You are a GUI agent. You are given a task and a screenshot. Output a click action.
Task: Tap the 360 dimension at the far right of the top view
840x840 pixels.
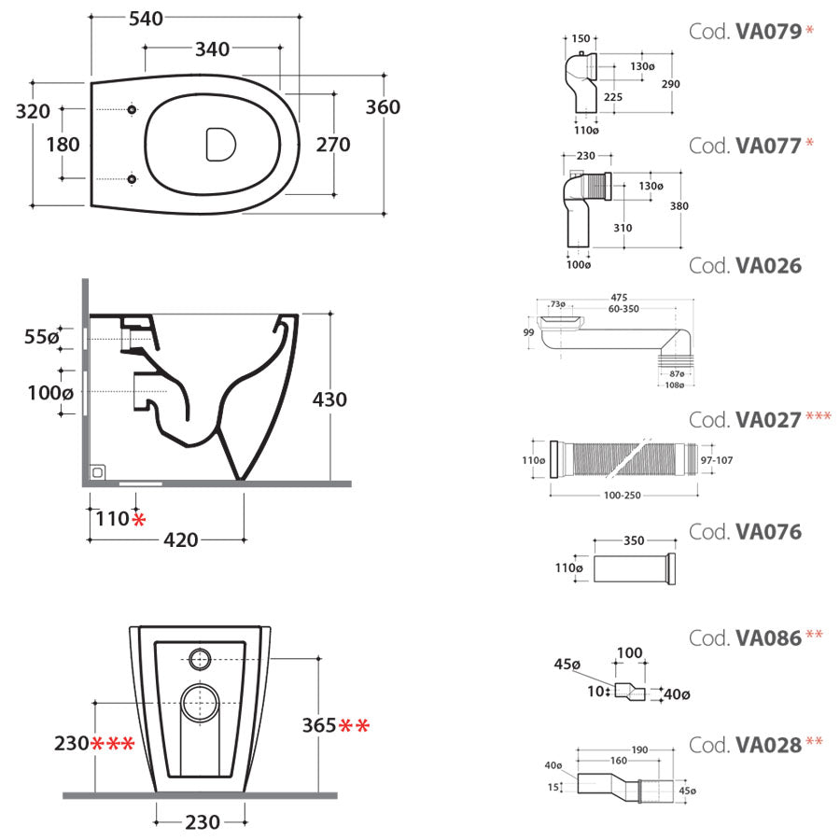coord(382,107)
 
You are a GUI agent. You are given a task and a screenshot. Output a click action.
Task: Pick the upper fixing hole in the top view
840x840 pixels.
coord(131,111)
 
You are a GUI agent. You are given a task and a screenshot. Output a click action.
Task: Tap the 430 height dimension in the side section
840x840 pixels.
coord(329,399)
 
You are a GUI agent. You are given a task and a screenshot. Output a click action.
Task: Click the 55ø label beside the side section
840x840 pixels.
coord(41,337)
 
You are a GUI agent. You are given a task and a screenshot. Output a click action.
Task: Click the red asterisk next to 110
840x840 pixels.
coord(139,519)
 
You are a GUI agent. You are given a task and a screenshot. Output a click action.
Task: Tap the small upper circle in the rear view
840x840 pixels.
coord(200,658)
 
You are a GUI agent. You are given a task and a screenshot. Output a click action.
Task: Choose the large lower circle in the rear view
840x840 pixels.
coord(200,702)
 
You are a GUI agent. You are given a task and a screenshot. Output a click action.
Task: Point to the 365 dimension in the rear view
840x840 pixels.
coord(318,725)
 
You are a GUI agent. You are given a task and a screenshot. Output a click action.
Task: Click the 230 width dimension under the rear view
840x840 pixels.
coord(203,822)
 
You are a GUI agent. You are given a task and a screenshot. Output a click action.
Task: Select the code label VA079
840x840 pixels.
coord(768,32)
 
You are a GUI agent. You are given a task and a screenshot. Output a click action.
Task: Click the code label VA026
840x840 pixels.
coord(768,266)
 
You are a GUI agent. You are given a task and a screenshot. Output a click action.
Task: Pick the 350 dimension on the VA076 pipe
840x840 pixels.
coord(635,539)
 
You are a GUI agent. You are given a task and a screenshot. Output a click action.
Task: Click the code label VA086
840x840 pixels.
coord(768,638)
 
